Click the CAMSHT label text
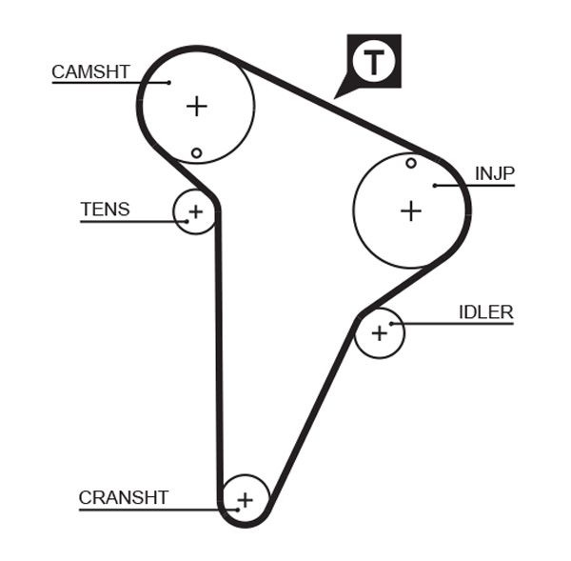[90, 71]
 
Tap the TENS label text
[106, 210]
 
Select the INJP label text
[494, 173]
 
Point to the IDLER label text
[485, 311]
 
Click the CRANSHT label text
[124, 497]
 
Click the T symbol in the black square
[373, 62]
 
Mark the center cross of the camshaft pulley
[196, 106]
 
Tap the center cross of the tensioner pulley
[195, 211]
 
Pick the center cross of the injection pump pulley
[410, 210]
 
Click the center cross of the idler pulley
[380, 332]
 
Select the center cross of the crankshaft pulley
[246, 498]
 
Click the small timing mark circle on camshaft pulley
[196, 152]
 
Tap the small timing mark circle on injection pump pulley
[411, 163]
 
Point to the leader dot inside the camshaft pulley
[168, 83]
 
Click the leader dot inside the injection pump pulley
[434, 185]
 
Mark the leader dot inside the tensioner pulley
[187, 222]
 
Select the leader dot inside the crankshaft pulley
[232, 510]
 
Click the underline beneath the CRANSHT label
[143, 510]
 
